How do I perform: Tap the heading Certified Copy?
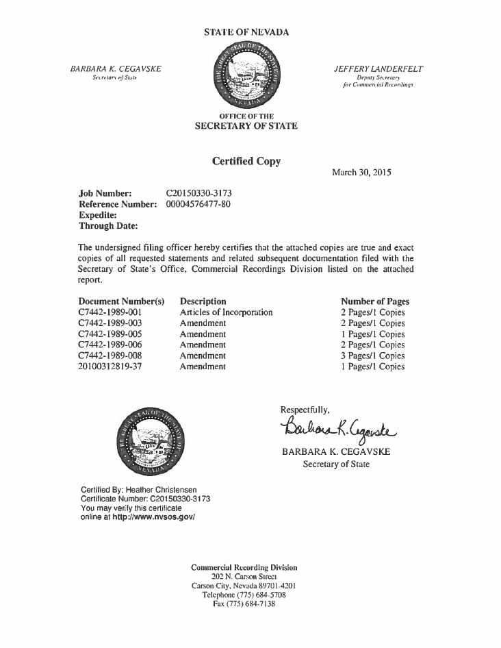click(x=246, y=162)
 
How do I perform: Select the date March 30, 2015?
click(x=361, y=173)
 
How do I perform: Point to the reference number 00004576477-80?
click(x=198, y=204)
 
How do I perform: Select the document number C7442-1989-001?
click(x=110, y=312)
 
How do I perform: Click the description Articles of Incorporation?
click(x=226, y=312)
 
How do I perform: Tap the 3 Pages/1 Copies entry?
click(x=372, y=356)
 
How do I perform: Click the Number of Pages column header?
click(x=375, y=301)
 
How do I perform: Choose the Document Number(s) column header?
click(x=122, y=301)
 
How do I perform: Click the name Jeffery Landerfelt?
click(x=378, y=69)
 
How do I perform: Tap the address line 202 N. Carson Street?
click(x=244, y=577)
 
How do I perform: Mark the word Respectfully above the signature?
click(x=305, y=410)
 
